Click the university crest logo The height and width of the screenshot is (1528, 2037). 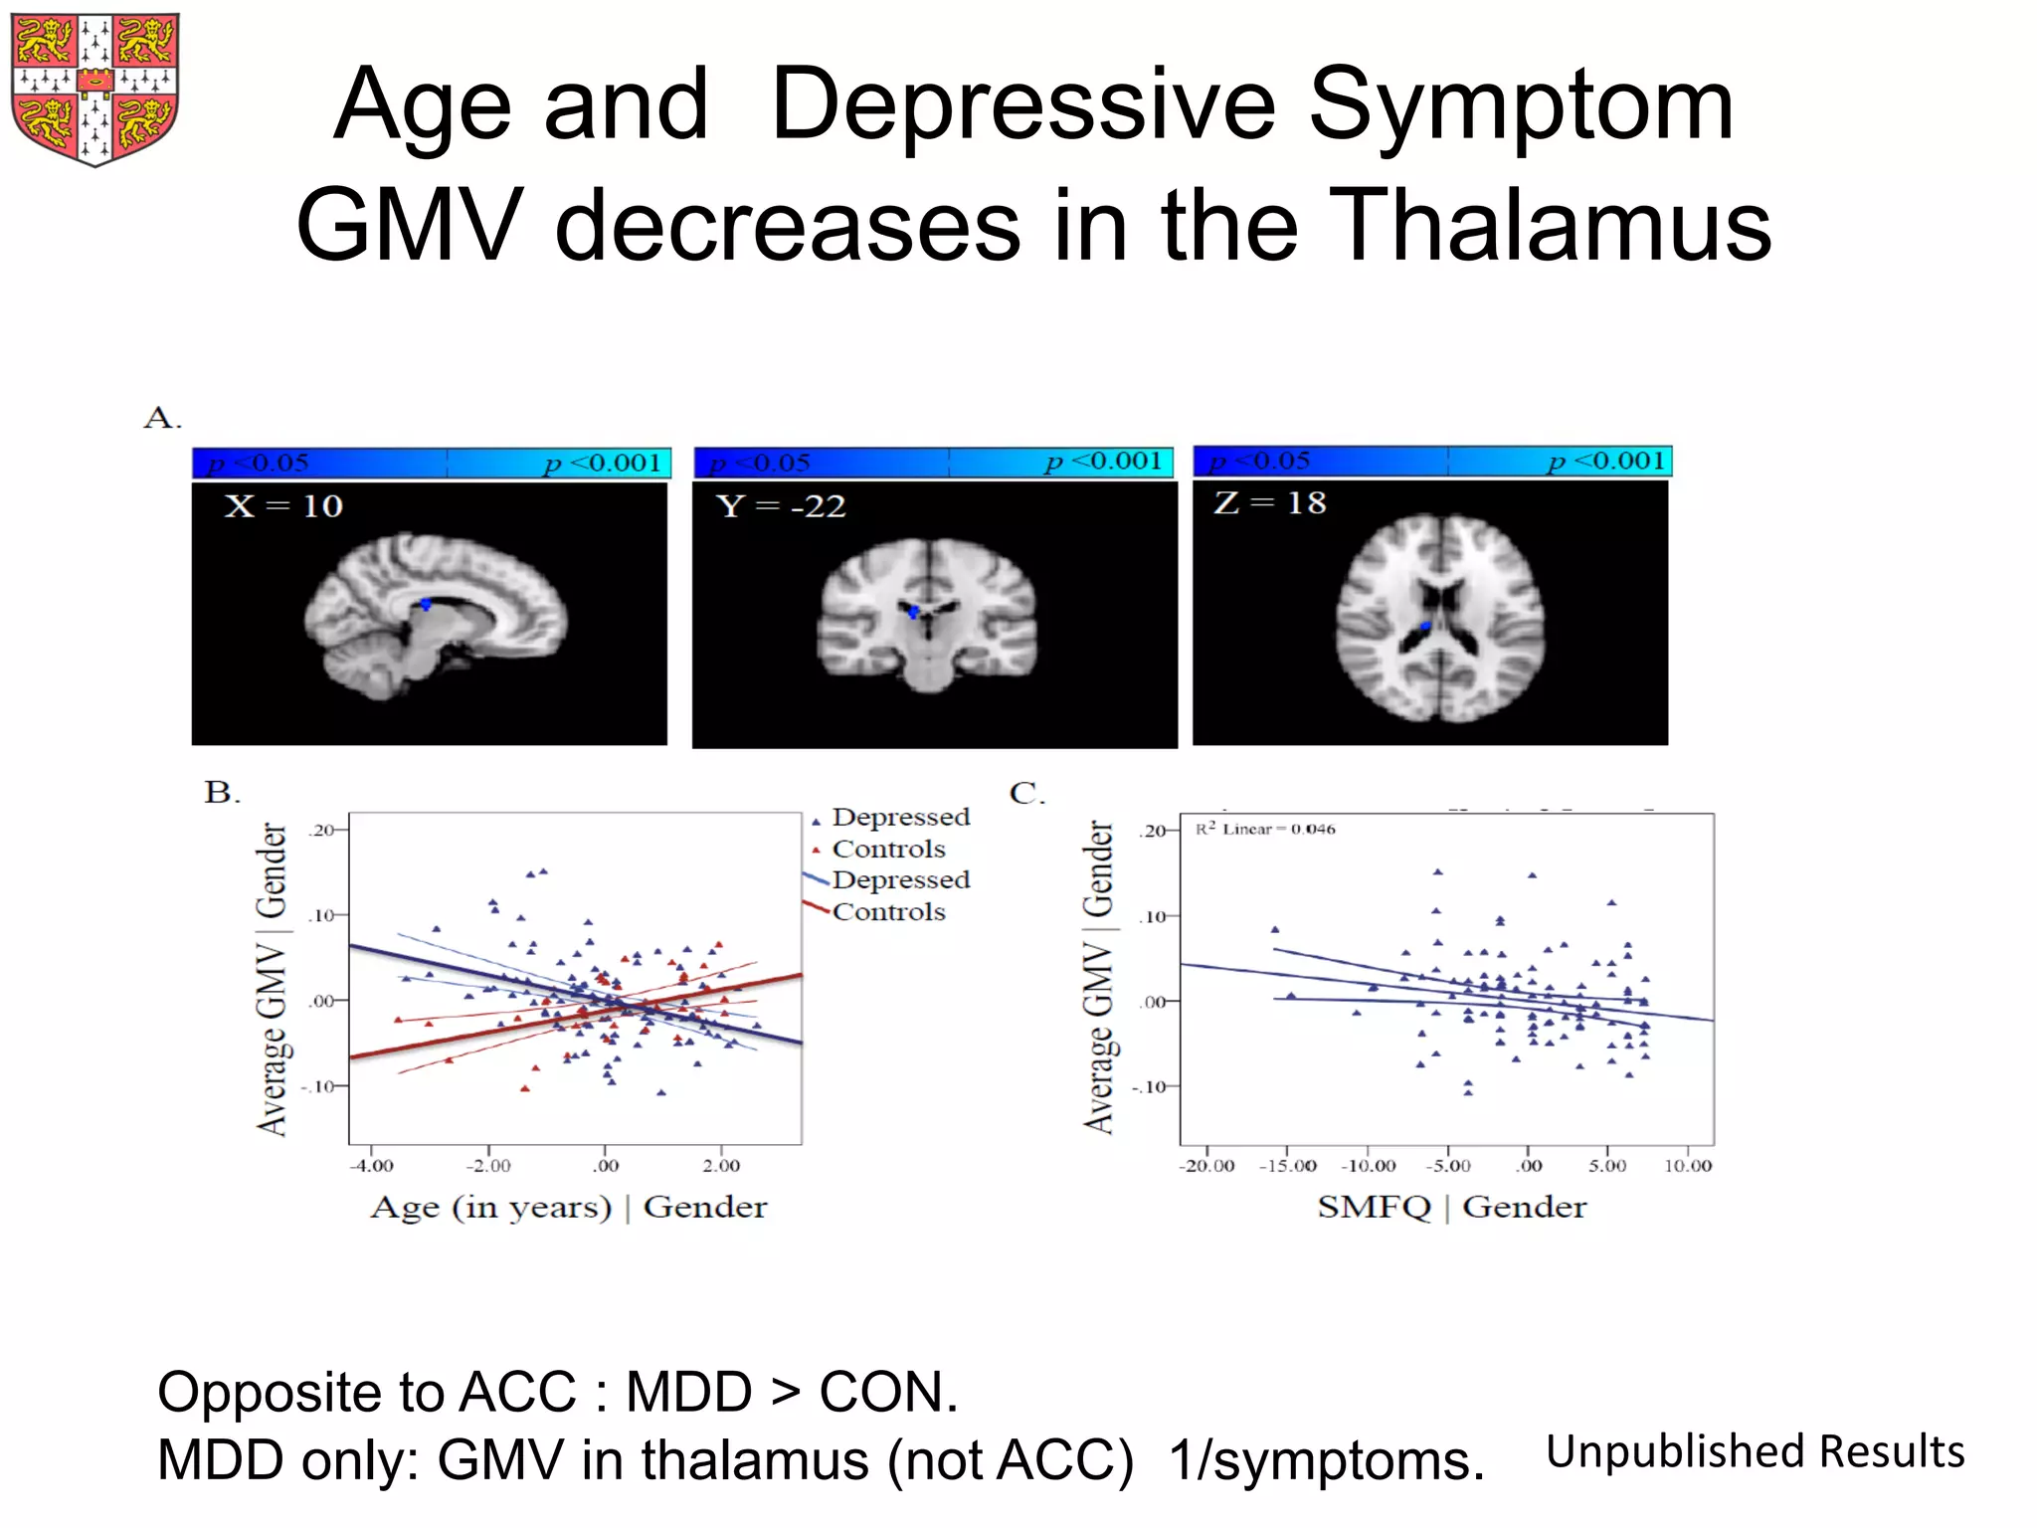(x=94, y=89)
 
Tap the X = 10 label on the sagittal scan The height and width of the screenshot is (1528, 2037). (x=283, y=506)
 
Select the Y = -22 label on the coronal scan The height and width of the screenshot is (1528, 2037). (x=781, y=506)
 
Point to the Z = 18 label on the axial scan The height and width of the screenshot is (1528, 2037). (x=1269, y=502)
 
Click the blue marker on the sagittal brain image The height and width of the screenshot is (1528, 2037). (x=426, y=604)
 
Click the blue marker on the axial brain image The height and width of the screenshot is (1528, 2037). (x=1424, y=626)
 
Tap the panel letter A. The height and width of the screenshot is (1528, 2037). (x=162, y=418)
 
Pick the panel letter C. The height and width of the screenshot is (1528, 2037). (x=1026, y=793)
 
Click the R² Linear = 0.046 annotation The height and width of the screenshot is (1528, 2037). (x=1265, y=829)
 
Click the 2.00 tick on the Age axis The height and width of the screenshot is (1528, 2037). (x=721, y=1165)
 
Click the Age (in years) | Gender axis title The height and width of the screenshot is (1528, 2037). (x=568, y=1207)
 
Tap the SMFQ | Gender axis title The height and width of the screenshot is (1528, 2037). (x=1451, y=1207)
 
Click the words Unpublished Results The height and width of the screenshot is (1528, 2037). (x=1756, y=1451)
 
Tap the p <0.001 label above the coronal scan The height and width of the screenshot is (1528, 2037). (x=1103, y=462)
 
